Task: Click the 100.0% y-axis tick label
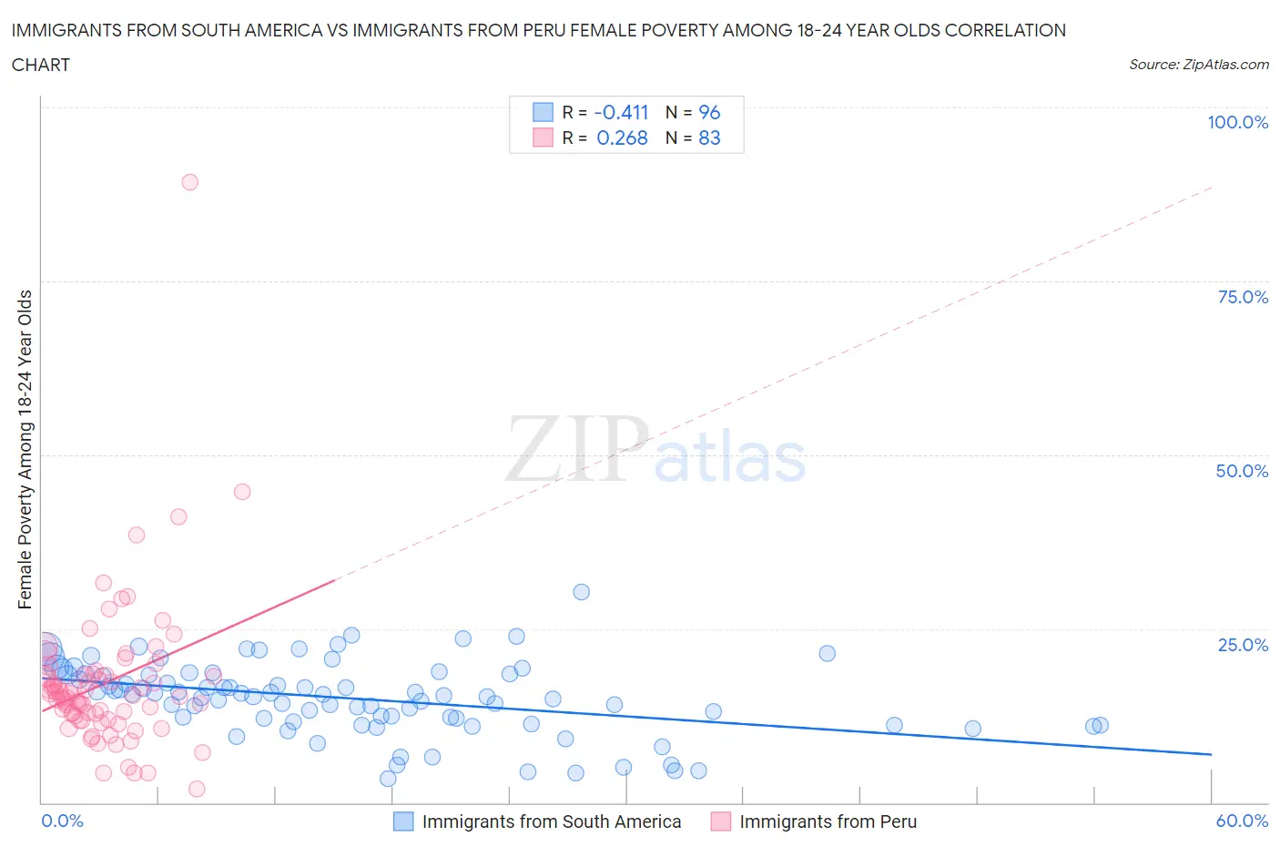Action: [x=1237, y=122]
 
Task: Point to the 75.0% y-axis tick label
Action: [x=1243, y=297]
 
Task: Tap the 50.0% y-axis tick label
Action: [x=1242, y=471]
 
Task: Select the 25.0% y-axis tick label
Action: [x=1243, y=645]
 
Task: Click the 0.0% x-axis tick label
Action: [x=62, y=821]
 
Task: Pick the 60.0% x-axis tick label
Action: [x=1242, y=821]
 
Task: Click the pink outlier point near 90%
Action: [x=189, y=182]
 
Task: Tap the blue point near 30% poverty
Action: [x=581, y=592]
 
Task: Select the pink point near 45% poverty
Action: [x=242, y=492]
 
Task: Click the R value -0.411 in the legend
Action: [x=621, y=112]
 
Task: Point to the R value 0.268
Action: [x=622, y=138]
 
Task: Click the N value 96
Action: [x=709, y=112]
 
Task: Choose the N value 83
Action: [x=709, y=138]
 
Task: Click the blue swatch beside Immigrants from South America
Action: [x=402, y=821]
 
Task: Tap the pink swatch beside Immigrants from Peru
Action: [x=721, y=821]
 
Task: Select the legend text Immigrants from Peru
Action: [x=828, y=821]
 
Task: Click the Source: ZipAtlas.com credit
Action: [x=1198, y=64]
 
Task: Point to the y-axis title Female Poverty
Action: [x=25, y=449]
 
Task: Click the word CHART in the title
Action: [x=41, y=65]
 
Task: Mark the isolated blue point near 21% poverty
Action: [x=827, y=653]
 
